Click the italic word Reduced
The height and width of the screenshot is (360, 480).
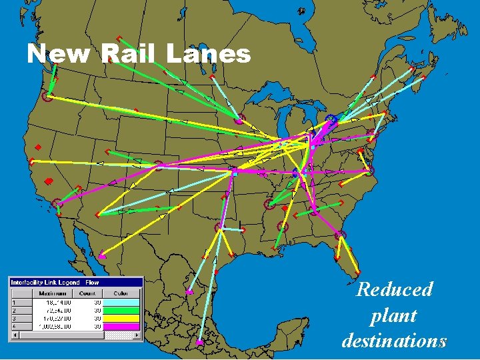click(394, 289)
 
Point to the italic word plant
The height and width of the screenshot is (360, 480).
click(394, 315)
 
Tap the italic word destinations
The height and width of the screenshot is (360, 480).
click(394, 340)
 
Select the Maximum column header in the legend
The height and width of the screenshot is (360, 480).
click(52, 293)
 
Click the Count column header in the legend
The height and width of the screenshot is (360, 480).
click(87, 293)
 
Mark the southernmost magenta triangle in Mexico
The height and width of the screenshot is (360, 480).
click(199, 342)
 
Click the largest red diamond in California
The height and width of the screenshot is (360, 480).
click(48, 181)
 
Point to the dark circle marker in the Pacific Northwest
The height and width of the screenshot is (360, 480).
click(47, 97)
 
